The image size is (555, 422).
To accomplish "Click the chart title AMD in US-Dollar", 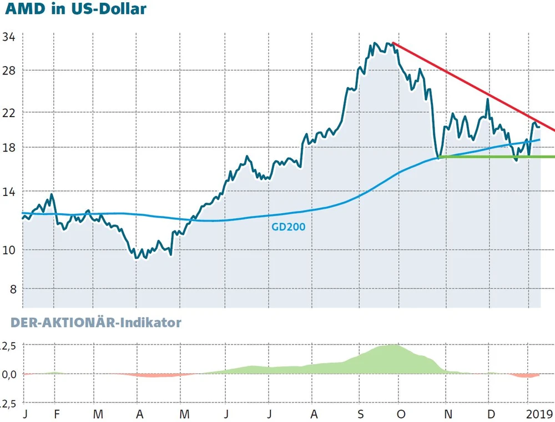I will click(75, 10).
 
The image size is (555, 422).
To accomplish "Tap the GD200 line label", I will click(288, 227).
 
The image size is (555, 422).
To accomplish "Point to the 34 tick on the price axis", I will click(9, 38).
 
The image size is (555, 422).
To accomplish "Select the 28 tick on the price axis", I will click(9, 71).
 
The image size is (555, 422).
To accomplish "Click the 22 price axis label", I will click(9, 112).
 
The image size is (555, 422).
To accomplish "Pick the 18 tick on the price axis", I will click(9, 148).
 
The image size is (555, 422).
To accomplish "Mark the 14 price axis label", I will click(9, 192).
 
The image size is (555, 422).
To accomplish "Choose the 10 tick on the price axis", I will click(9, 249).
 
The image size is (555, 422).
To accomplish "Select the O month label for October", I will click(402, 414).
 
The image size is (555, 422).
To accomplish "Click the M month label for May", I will click(185, 414).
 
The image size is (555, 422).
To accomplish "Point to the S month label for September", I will click(361, 414).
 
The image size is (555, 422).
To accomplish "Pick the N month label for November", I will click(448, 414).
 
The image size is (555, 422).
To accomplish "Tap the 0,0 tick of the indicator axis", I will click(9, 374).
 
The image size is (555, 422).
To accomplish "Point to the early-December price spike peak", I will click(488, 99).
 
